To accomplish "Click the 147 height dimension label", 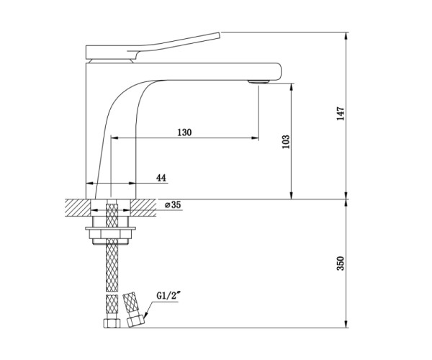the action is pos(341,114).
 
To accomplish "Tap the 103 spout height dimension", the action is pos(287,142).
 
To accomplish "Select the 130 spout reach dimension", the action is pos(184,132).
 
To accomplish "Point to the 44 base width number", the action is pos(161,179).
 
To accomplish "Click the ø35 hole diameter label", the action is pos(173,205).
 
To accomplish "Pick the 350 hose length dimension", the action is pos(341,264).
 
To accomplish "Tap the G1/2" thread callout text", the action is pos(168,296).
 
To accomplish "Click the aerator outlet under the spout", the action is pos(258,81).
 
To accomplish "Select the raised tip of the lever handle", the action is pos(220,35).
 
